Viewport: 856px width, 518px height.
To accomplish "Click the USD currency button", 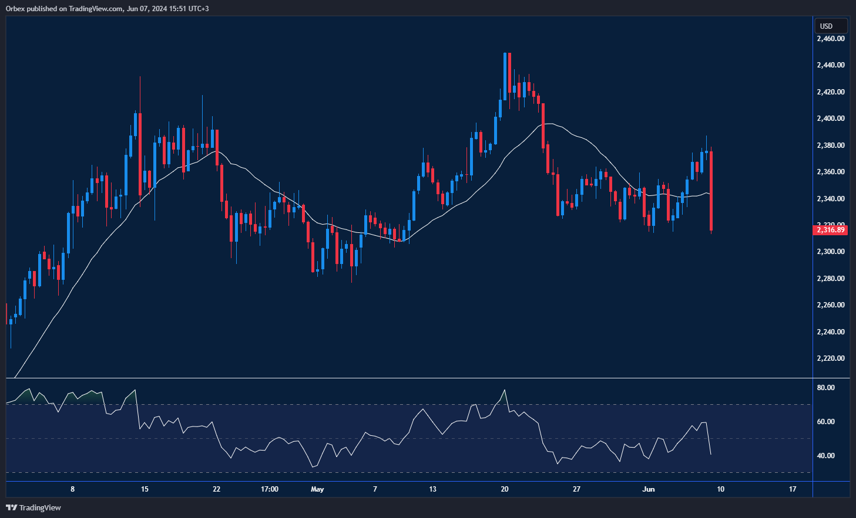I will (830, 26).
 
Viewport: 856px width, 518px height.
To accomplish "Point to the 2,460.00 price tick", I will (830, 39).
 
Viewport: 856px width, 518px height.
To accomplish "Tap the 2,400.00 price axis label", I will (830, 119).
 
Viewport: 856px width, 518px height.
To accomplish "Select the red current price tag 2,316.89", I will (830, 230).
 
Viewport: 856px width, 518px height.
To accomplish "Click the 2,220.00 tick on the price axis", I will (830, 358).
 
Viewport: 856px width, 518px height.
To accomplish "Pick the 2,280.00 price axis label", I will (830, 279).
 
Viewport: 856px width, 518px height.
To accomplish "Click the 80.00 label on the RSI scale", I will (825, 388).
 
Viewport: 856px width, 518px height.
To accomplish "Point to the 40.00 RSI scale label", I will (825, 456).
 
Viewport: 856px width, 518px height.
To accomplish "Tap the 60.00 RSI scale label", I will (825, 422).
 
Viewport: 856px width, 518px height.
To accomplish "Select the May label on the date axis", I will (317, 489).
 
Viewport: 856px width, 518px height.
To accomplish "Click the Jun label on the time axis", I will (649, 489).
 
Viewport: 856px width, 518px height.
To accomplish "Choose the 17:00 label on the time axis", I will (269, 489).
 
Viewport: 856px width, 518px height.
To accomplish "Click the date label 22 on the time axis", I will (216, 489).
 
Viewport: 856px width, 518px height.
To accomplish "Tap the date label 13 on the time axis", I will (432, 489).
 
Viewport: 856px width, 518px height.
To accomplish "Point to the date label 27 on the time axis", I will (576, 489).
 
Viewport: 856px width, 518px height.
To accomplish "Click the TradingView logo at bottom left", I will (33, 507).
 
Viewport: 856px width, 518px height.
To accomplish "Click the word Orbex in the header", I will (15, 9).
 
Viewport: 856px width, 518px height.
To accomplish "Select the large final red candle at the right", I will (711, 191).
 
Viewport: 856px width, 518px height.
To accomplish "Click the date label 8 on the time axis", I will (72, 489).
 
